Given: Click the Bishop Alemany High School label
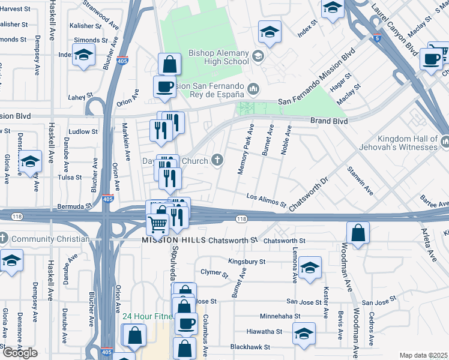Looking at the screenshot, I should [x=218, y=56].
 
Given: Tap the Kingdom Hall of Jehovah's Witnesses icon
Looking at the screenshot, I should [x=445, y=142].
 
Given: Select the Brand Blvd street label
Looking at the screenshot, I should [x=329, y=121].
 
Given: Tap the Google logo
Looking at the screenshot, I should [x=20, y=353].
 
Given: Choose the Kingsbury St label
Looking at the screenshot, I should [x=247, y=262].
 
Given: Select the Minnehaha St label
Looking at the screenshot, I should [x=279, y=316].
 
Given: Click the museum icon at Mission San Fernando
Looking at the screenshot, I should [x=253, y=89].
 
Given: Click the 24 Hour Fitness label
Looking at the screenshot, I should [x=148, y=316].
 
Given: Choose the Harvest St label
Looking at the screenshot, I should [x=16, y=9].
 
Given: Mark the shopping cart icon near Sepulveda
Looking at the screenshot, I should [x=157, y=224].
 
